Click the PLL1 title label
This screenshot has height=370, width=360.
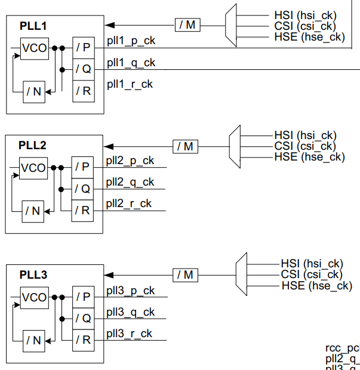[32, 27]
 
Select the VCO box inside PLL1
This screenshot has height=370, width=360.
[33, 48]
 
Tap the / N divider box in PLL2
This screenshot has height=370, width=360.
[32, 210]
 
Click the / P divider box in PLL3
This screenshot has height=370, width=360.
[83, 297]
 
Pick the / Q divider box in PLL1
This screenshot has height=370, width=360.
[84, 69]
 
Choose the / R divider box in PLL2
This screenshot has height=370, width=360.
[82, 210]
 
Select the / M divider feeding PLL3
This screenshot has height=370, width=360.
[185, 275]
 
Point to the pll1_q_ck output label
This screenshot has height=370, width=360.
[131, 63]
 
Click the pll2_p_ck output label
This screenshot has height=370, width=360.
[130, 161]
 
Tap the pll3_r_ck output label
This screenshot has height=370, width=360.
[130, 334]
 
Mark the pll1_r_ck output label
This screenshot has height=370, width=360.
[130, 84]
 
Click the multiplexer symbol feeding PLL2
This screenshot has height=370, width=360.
[235, 146]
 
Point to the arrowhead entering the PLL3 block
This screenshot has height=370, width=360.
[108, 275]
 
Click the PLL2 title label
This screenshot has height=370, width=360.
[32, 145]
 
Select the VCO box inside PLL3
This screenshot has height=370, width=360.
[33, 297]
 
